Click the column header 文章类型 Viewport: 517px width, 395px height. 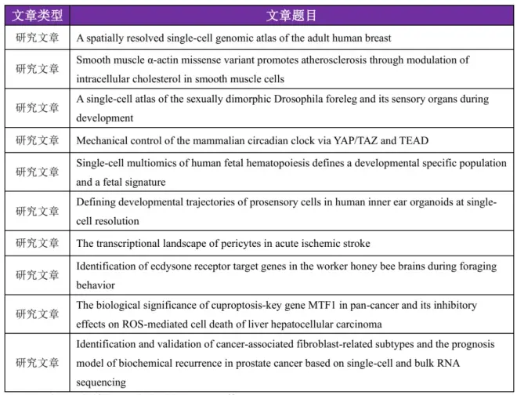coord(37,16)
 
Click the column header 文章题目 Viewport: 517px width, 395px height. coord(291,16)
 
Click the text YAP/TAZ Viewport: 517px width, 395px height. coord(344,141)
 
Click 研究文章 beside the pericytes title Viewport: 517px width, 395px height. coord(37,243)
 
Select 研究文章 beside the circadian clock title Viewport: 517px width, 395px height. coord(37,141)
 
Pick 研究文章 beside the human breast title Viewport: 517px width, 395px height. coord(37,38)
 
